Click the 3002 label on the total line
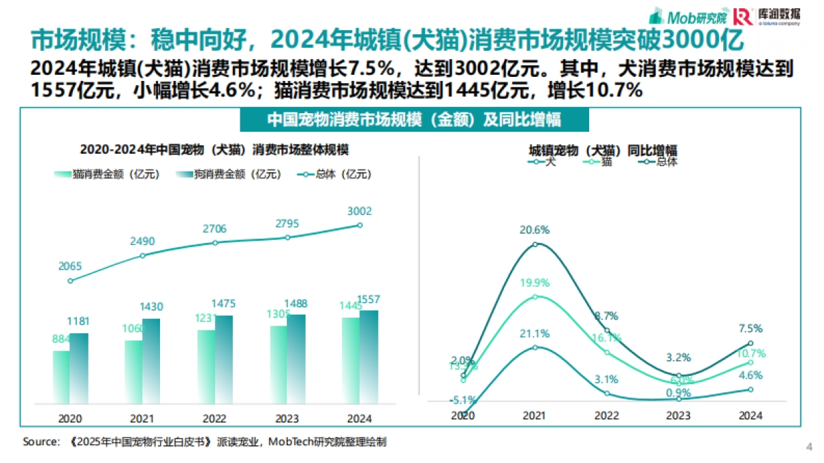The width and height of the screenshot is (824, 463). point(360,211)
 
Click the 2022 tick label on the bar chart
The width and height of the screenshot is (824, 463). point(214,418)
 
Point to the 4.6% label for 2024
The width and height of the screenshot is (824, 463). point(750,375)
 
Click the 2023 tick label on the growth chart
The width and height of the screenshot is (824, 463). point(678,416)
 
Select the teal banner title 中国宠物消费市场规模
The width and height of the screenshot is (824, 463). point(413,120)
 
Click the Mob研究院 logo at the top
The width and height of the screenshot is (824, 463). point(689,16)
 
